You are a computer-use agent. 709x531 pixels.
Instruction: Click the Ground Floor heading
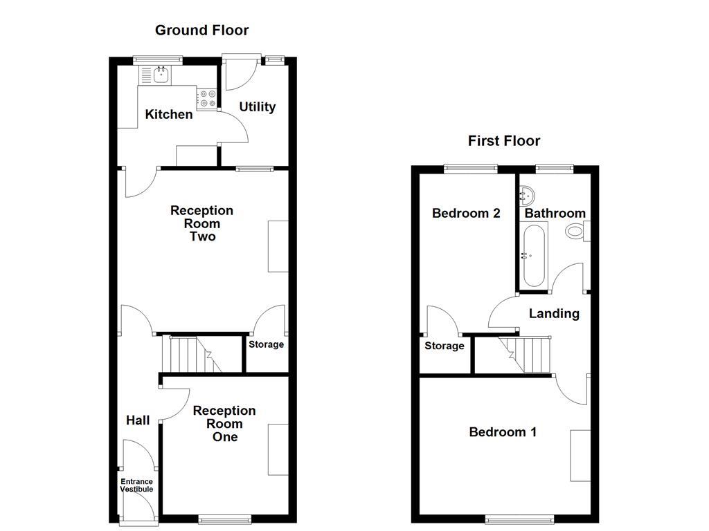click(201, 30)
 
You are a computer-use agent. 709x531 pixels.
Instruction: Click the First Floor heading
click(503, 141)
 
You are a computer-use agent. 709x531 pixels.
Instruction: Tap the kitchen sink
click(161, 74)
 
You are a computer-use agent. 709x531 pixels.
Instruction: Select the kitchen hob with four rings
click(206, 99)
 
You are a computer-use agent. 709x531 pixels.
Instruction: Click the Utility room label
click(257, 106)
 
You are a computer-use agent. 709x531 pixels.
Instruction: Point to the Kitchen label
click(168, 114)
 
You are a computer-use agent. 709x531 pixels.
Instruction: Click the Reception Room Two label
click(202, 223)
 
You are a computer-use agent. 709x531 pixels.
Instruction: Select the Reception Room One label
click(224, 424)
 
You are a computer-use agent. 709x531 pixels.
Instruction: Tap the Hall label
click(138, 420)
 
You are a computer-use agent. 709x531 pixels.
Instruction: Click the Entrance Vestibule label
click(136, 485)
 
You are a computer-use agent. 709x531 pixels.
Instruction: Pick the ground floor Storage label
click(266, 344)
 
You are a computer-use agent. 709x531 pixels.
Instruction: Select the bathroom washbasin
click(528, 194)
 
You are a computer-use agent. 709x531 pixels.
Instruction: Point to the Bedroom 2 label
click(465, 213)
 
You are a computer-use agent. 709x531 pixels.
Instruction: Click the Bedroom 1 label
click(502, 432)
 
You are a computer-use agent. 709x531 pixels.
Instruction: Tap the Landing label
click(554, 313)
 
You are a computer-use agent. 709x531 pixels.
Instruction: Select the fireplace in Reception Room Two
click(278, 246)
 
